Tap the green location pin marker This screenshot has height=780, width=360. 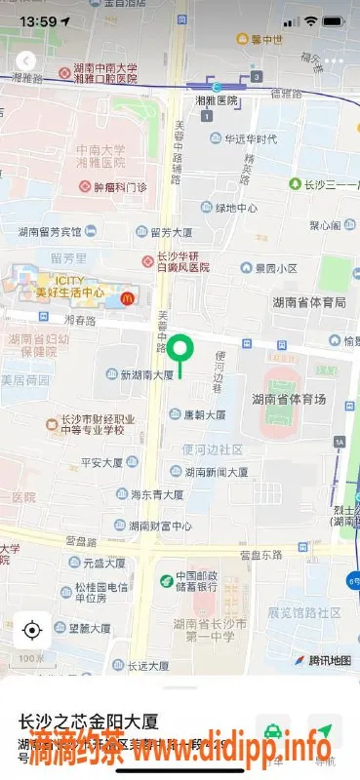point(180,349)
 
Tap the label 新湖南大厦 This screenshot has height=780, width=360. point(146,374)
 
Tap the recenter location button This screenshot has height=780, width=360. point(32,631)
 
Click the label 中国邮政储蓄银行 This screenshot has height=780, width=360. point(196,580)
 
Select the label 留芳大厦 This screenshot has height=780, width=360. point(171,232)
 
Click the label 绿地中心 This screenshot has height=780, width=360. point(236,208)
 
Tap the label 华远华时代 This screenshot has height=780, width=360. point(251,138)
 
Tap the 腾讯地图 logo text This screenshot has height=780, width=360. point(329,660)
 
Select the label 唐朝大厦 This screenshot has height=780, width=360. point(205,414)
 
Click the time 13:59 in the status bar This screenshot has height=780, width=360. point(37,20)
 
